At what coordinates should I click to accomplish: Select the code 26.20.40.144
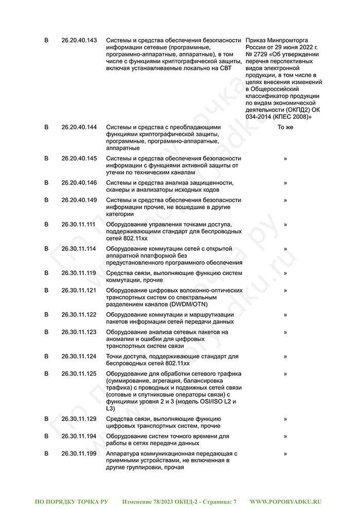tap(79, 127)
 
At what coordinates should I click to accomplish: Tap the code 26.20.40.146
tap(79, 183)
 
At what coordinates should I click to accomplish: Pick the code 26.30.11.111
tap(79, 224)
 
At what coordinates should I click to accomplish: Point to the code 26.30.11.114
tap(79, 248)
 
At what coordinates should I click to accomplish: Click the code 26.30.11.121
tap(79, 290)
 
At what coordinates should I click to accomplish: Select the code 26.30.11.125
tap(79, 373)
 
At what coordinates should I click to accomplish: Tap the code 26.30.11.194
tap(79, 436)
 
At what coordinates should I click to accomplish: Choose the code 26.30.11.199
tap(79, 453)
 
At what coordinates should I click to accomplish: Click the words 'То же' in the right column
tap(285, 127)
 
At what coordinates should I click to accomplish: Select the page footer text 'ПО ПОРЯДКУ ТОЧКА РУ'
tap(71, 501)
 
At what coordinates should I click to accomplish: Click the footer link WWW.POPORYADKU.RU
tap(286, 501)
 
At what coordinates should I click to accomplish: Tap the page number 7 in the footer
tap(235, 501)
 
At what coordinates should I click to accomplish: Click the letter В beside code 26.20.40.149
tap(46, 200)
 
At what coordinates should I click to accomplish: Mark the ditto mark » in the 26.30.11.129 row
tap(285, 419)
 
